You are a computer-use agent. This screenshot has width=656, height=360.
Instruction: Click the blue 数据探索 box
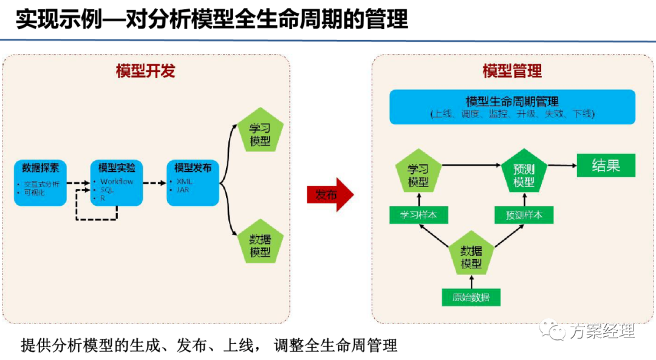coord(40,182)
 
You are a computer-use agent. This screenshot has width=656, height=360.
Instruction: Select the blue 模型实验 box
coord(116,182)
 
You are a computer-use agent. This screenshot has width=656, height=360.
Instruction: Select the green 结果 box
coord(606,165)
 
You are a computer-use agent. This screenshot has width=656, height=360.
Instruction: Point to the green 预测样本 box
coord(524,215)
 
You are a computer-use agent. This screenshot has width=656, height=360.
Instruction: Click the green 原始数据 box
coord(471,297)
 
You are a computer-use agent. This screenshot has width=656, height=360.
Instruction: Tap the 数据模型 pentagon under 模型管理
coord(471,257)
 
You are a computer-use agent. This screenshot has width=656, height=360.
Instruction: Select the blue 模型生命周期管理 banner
coord(512,107)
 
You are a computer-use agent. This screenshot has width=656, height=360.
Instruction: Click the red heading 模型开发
coord(145,71)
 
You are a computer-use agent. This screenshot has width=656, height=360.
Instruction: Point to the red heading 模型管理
coord(512,71)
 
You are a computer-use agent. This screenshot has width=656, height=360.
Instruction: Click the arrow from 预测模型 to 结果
coord(562,165)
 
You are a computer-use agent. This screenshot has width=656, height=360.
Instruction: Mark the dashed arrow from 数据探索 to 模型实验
coord(78,182)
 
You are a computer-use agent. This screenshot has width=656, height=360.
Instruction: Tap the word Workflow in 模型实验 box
coord(117,181)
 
